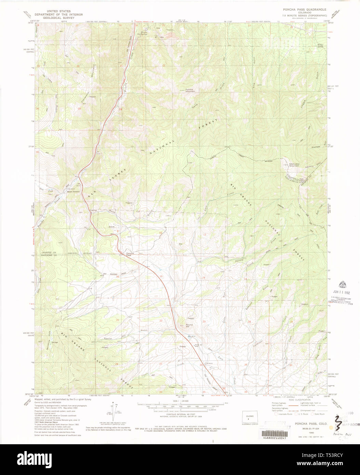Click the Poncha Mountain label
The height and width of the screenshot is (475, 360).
pyautogui.click(x=190, y=90)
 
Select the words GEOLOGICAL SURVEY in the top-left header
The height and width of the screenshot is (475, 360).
pyautogui.click(x=58, y=18)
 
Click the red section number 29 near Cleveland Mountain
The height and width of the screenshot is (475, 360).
pyautogui.click(x=79, y=109)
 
